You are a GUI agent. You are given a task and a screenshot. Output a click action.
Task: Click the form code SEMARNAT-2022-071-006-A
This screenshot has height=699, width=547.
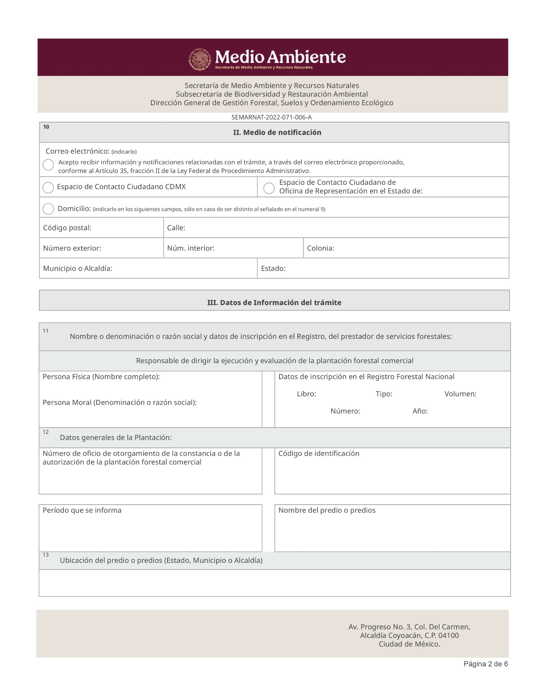(271, 117)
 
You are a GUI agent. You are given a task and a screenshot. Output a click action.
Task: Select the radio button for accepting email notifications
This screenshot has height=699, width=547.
(48, 165)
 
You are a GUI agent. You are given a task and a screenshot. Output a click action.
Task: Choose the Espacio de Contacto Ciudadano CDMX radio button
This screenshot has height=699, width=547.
(48, 187)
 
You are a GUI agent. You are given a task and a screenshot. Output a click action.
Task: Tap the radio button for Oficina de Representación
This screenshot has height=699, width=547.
(269, 188)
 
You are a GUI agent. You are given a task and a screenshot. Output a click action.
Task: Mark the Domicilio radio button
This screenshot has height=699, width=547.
(48, 209)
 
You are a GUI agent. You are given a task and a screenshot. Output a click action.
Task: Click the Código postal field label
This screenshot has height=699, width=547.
(67, 228)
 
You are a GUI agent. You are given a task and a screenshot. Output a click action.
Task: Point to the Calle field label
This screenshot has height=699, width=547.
(176, 228)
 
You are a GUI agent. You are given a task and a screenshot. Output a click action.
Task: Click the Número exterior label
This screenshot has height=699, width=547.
(72, 248)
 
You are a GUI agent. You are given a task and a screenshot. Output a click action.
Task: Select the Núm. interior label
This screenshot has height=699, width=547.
(191, 248)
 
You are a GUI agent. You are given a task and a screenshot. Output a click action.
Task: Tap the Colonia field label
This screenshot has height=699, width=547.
(320, 248)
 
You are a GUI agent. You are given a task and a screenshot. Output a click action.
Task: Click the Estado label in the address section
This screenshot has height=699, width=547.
(273, 268)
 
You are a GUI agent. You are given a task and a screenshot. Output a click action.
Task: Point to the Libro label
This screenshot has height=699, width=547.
(306, 394)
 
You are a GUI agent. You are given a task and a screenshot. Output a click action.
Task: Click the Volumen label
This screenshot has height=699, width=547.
(460, 394)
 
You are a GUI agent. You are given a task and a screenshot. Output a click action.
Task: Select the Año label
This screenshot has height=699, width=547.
(420, 411)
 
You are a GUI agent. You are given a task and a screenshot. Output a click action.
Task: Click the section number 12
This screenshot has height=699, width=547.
(46, 432)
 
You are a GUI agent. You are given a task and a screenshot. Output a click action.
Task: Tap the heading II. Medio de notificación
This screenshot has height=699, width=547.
(277, 132)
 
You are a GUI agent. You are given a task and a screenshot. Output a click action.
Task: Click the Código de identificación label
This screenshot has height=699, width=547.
(319, 454)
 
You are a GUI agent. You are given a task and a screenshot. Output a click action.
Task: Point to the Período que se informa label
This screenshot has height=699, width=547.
(82, 510)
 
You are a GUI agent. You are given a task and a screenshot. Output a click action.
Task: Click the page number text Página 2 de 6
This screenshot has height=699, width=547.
(485, 664)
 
